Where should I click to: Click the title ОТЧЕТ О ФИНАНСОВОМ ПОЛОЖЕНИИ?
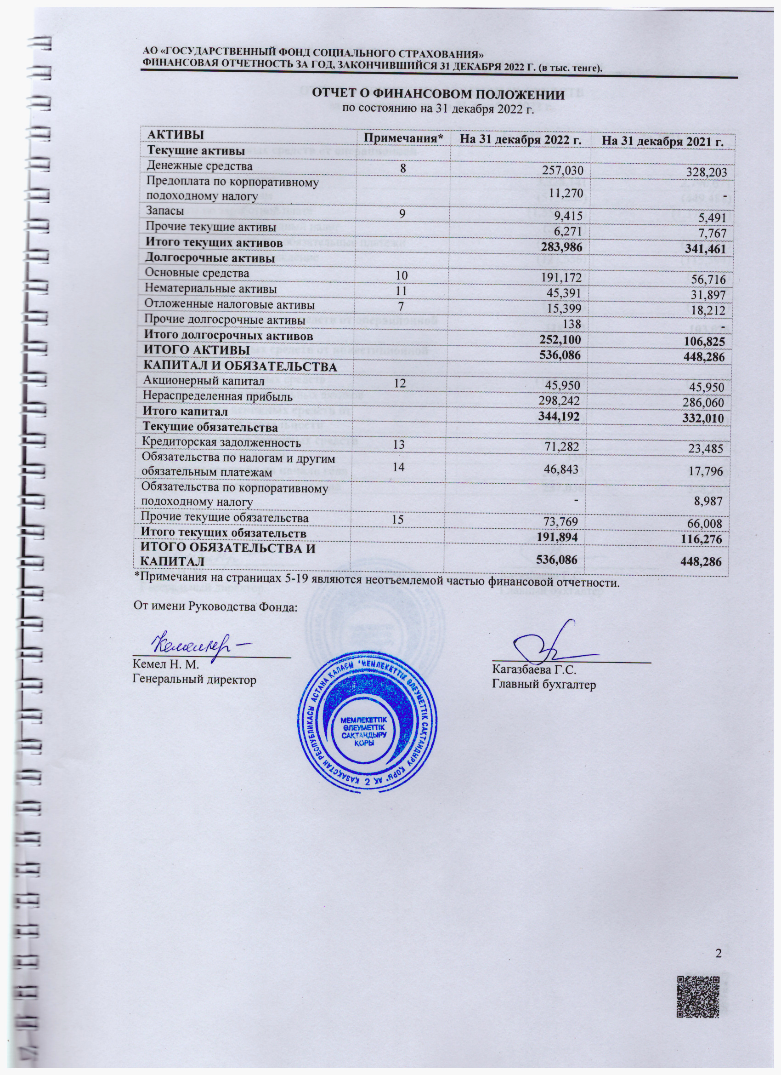coord(437,94)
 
